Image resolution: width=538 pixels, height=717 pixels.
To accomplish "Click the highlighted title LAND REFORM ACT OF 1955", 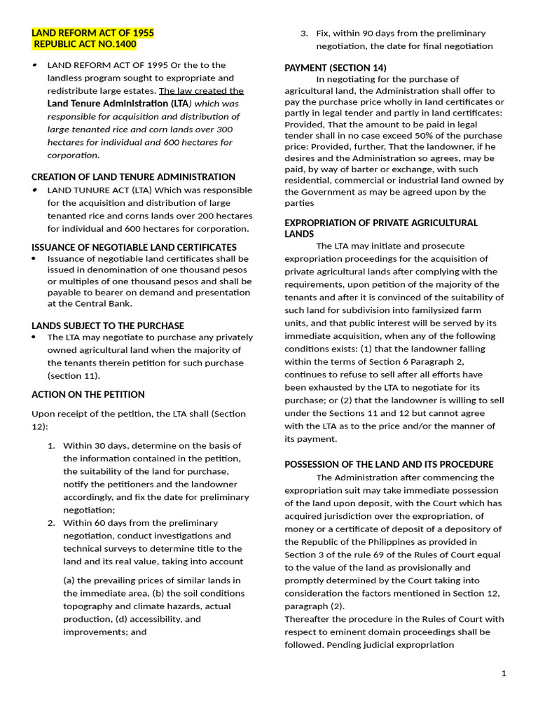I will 92,33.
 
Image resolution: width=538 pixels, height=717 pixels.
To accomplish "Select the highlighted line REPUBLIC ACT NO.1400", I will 85,45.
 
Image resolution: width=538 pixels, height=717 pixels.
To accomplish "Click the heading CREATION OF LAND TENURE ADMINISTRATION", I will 133,177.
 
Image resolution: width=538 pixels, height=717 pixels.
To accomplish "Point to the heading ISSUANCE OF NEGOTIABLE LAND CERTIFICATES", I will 134,247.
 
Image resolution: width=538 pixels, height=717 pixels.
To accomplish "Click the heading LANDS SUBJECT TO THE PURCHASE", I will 108,326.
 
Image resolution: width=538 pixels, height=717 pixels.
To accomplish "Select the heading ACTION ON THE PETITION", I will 88,394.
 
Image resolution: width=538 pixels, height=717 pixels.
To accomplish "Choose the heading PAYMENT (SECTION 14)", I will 335,67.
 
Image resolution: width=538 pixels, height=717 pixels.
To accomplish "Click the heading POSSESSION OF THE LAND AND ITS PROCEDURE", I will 389,464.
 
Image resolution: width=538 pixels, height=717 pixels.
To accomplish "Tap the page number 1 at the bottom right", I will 503,673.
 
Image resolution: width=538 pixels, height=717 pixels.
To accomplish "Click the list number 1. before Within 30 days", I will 51,445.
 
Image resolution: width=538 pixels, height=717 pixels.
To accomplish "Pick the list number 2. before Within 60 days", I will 51,522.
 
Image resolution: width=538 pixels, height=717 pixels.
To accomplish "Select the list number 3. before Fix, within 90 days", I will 304,33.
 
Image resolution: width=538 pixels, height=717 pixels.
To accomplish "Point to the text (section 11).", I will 74,375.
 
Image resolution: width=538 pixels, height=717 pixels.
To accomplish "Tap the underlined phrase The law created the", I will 201,90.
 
